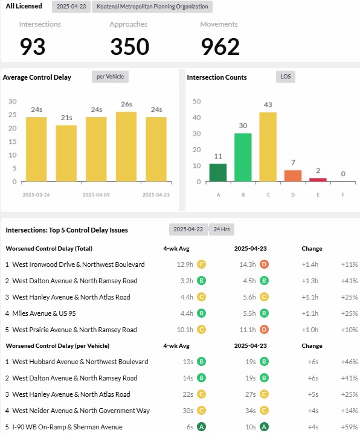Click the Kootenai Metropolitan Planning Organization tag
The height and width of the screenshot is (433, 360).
[x=152, y=7]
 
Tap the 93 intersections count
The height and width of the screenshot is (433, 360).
[x=33, y=47]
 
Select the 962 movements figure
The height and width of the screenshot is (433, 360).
[x=220, y=47]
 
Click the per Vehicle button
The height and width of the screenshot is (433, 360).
[x=111, y=77]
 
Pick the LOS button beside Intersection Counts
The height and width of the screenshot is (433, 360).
[x=286, y=77]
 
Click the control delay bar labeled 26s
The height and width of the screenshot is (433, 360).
[x=126, y=147]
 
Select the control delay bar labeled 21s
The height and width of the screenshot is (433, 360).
[x=66, y=153]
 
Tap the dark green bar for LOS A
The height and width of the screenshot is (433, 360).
[x=218, y=173]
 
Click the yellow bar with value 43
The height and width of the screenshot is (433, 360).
[x=268, y=147]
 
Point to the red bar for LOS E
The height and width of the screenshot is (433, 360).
[x=318, y=180]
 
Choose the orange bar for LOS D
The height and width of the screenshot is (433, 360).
[x=293, y=176]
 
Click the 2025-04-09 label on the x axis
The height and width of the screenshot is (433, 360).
[x=96, y=195]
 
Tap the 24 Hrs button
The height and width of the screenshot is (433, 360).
[x=222, y=229]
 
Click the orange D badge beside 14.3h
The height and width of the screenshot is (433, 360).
[x=264, y=265]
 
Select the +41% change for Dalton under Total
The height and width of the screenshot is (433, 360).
[x=349, y=281]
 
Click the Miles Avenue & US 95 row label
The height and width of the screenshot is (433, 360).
[x=44, y=313]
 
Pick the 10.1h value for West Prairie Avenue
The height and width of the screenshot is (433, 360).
[x=185, y=330]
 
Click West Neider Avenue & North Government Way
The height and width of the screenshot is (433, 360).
[x=81, y=411]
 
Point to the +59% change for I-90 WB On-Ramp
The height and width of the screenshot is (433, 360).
[x=349, y=427]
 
